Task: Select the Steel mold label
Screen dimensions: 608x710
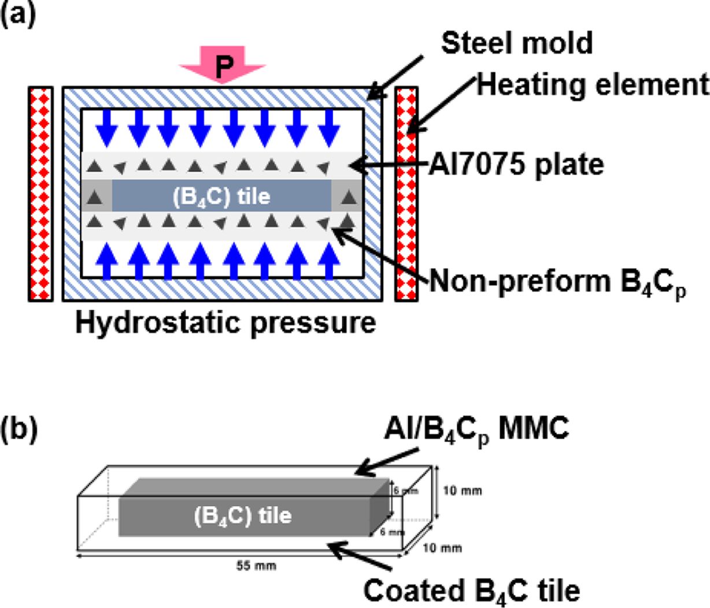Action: [x=517, y=43]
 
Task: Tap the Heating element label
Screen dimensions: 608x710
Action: [x=593, y=86]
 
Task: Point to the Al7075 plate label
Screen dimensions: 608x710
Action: [x=516, y=165]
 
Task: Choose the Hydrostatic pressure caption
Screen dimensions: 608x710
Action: [x=225, y=322]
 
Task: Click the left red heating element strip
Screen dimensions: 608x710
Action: [x=40, y=194]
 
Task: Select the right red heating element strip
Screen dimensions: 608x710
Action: [x=406, y=194]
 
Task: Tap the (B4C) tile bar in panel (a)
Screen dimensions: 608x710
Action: [x=222, y=197]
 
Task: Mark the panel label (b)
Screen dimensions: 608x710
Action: [x=19, y=430]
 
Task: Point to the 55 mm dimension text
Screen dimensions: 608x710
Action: [x=257, y=566]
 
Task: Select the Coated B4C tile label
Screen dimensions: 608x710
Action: [x=471, y=591]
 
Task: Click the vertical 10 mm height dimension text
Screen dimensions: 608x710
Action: [x=462, y=491]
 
